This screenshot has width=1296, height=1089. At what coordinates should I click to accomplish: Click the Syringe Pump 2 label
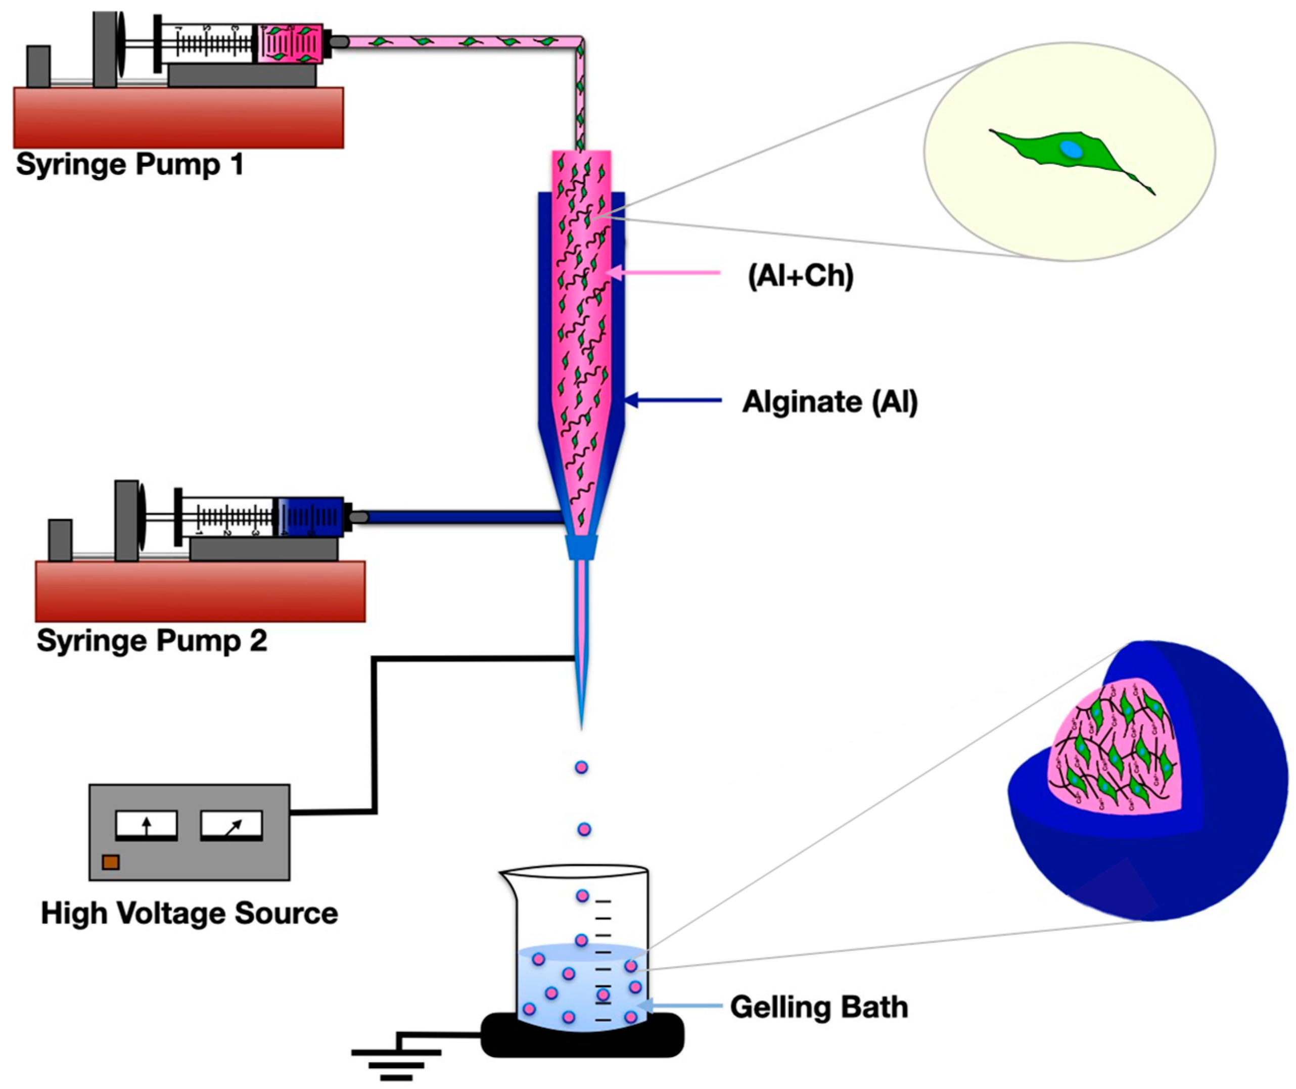pos(151,640)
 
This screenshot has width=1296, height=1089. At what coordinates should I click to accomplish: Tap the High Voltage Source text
pos(189,913)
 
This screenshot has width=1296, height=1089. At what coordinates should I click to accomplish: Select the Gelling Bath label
pos(819,1006)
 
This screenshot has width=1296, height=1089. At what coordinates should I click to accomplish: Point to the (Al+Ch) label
pos(800,275)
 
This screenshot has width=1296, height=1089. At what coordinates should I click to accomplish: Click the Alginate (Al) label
pos(829,401)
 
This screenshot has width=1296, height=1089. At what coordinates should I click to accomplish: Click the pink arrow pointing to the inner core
pos(664,272)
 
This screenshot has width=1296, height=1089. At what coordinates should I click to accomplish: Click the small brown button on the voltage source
pos(111,862)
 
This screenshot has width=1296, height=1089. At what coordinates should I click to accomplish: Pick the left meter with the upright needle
pos(147,825)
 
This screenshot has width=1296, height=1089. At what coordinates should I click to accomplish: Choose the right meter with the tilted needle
pos(232,825)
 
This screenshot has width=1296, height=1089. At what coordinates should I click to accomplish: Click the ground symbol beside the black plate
pos(396,1059)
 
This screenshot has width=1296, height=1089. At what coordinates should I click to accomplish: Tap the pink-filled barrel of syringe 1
pos(290,44)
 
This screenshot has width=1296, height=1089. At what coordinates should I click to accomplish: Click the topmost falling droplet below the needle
pos(581,768)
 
